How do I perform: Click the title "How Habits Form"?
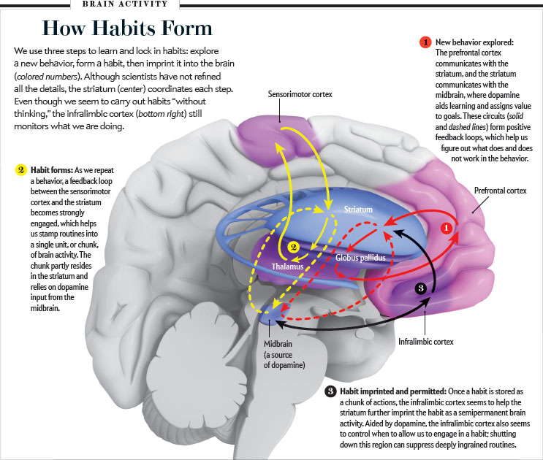[x=127, y=28]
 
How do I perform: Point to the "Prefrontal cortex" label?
[x=500, y=191]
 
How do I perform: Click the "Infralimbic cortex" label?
[x=426, y=341]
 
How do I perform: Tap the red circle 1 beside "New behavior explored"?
[x=425, y=42]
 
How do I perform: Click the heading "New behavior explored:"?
[x=475, y=42]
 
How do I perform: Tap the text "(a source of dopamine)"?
[x=280, y=359]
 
